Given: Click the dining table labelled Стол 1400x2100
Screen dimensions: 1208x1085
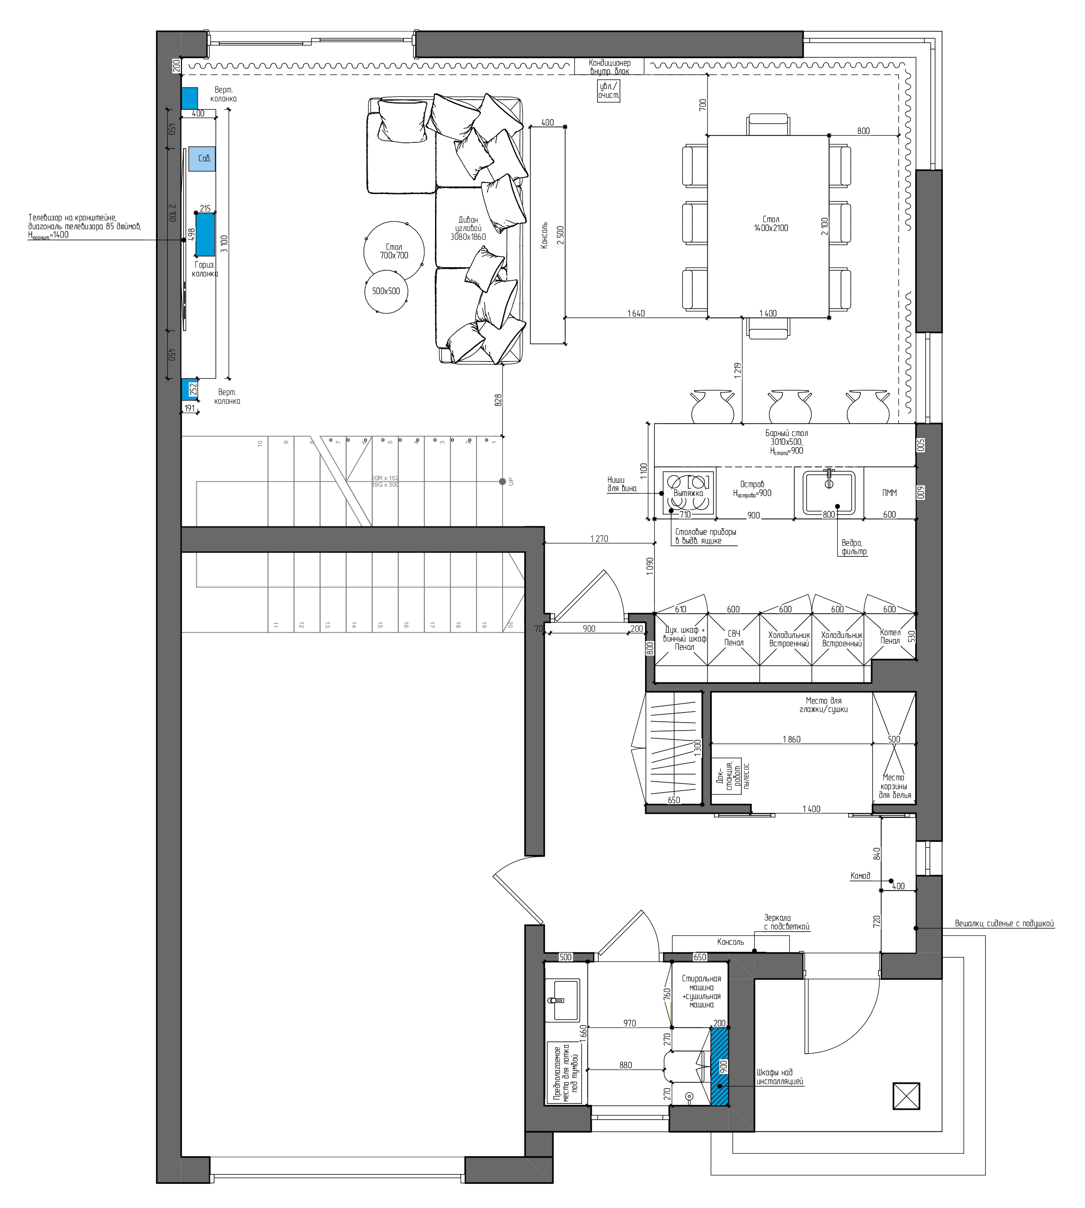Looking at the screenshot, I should (768, 226).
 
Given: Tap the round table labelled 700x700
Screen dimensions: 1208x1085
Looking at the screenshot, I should (394, 251).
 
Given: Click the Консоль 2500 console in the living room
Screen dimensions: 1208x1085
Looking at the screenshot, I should (547, 235).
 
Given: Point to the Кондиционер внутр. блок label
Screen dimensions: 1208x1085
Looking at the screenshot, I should (609, 66).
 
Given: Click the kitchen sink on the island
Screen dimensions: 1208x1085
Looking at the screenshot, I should (829, 492).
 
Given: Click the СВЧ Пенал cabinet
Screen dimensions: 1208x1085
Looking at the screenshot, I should (733, 638).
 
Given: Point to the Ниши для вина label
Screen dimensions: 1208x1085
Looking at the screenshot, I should (622, 484).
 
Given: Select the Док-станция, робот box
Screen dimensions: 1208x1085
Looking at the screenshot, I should (727, 776).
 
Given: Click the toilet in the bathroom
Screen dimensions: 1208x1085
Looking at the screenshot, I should (684, 1066).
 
